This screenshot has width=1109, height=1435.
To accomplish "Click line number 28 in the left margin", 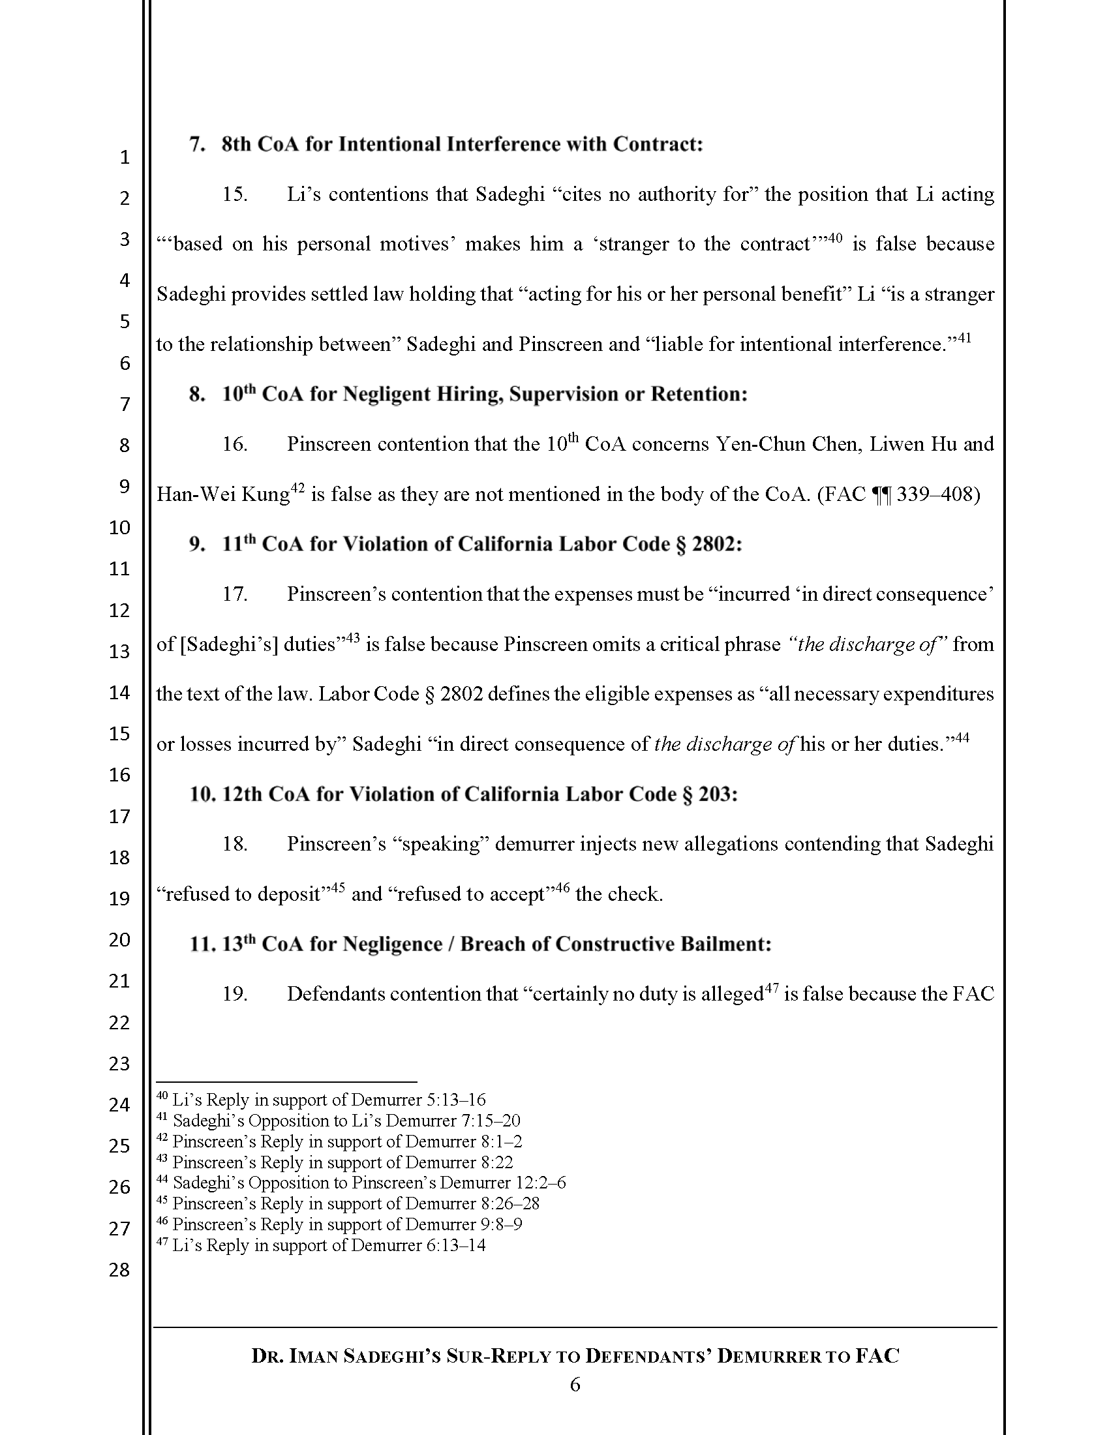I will [x=119, y=1270].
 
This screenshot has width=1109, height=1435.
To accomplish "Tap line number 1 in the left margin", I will [x=124, y=157].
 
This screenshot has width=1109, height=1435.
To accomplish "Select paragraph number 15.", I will [x=235, y=194].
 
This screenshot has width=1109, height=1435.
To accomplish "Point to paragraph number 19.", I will [x=235, y=994].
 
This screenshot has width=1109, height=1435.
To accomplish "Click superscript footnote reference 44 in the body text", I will [x=962, y=738].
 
